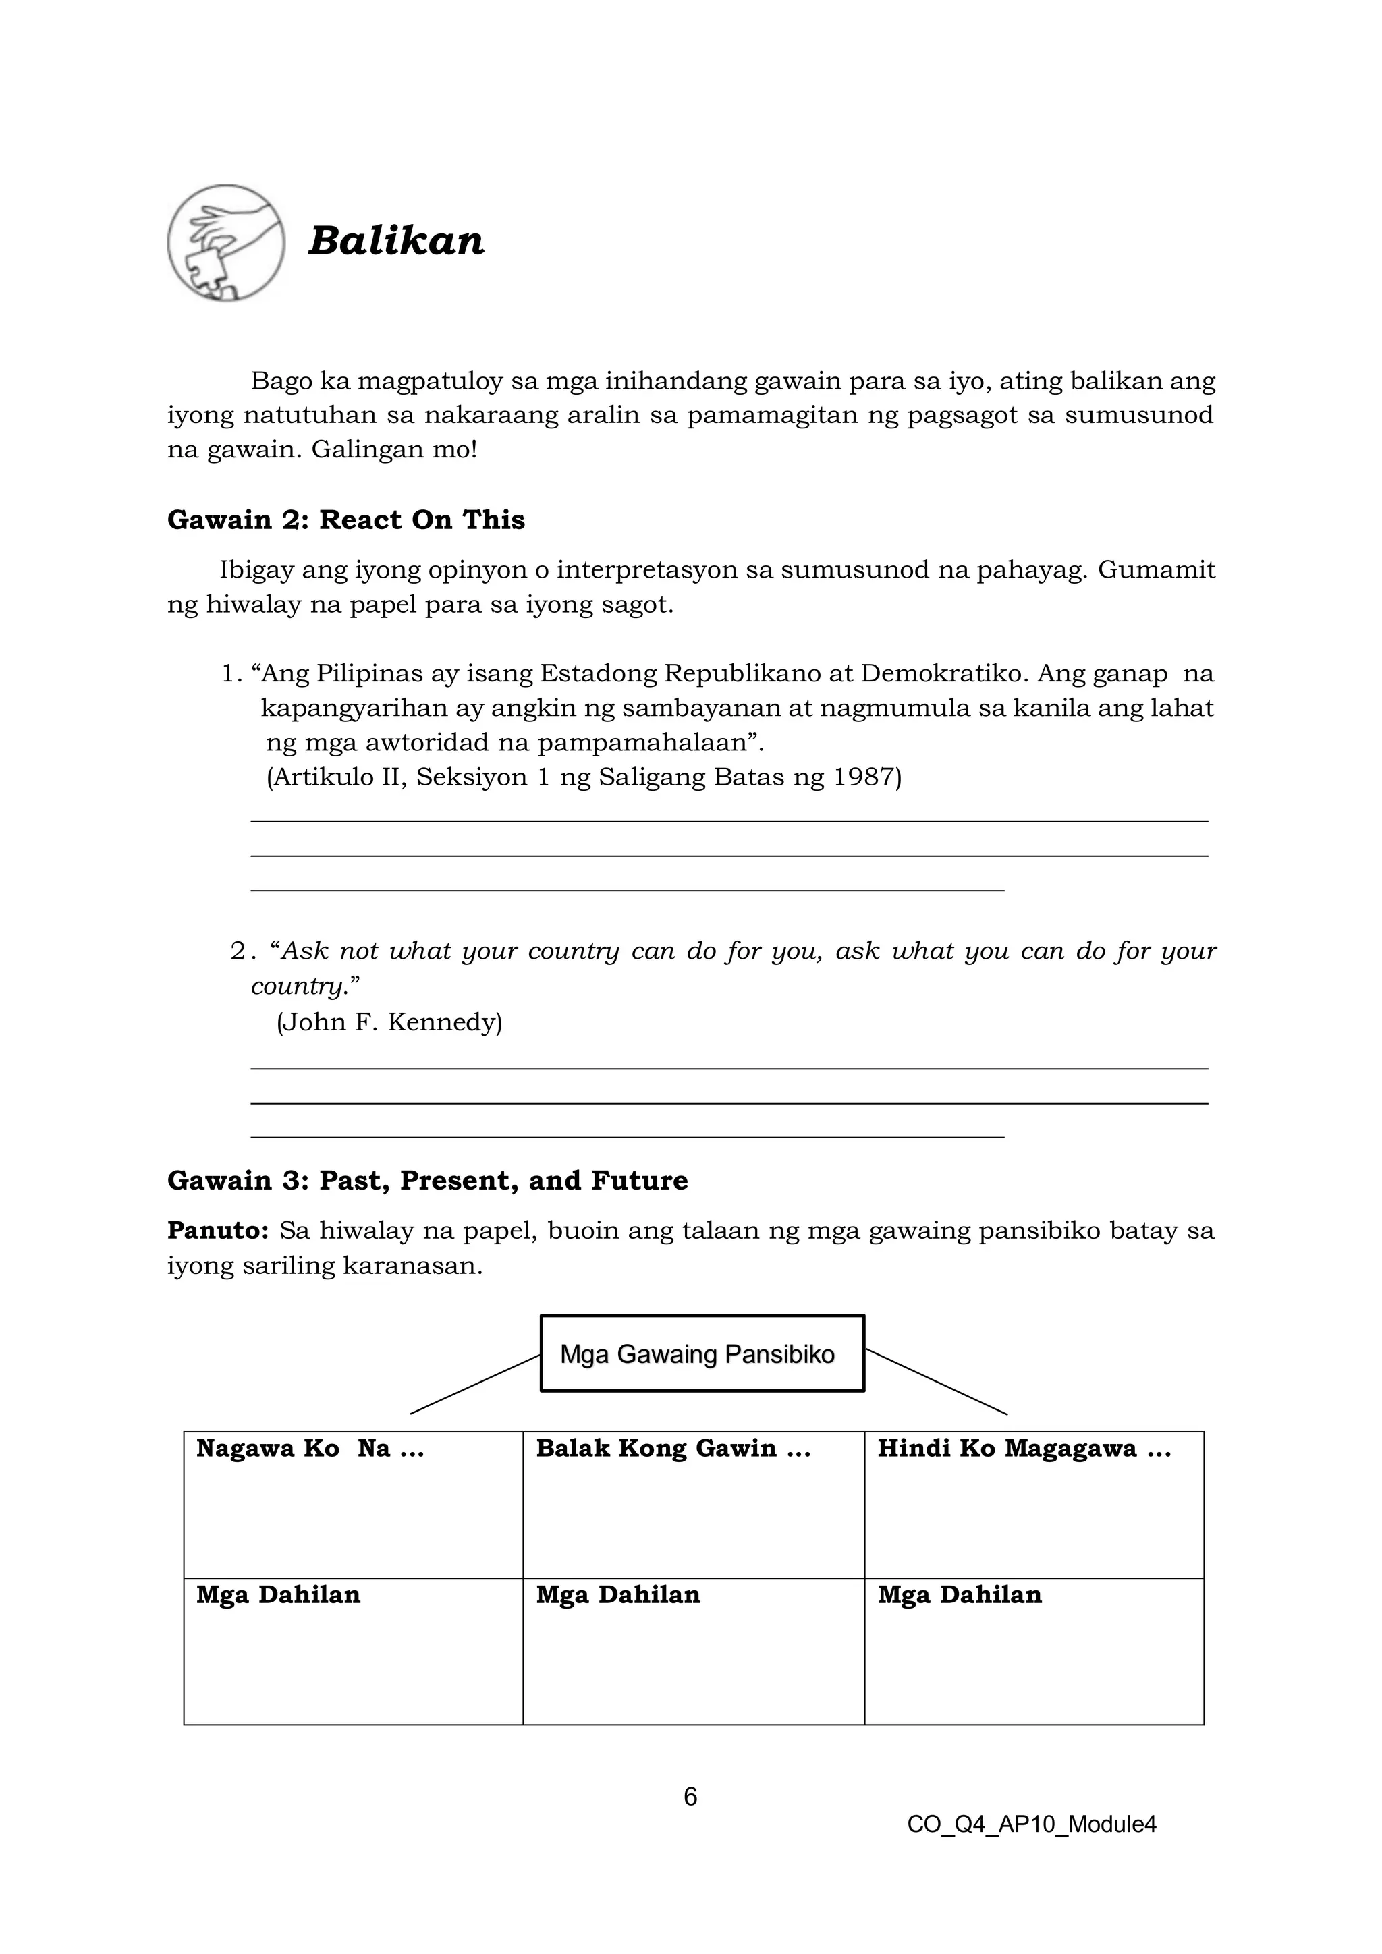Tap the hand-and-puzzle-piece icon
click(x=225, y=242)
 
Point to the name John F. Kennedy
click(x=389, y=1022)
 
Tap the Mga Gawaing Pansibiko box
click(x=702, y=1354)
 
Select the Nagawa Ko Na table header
click(x=310, y=1449)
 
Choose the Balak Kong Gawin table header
click(x=673, y=1449)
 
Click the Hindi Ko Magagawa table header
click(x=1024, y=1449)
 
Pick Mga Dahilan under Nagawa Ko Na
click(x=278, y=1595)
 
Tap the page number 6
click(x=690, y=1797)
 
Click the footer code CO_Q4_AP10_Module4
click(x=1031, y=1824)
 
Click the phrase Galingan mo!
click(x=394, y=449)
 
